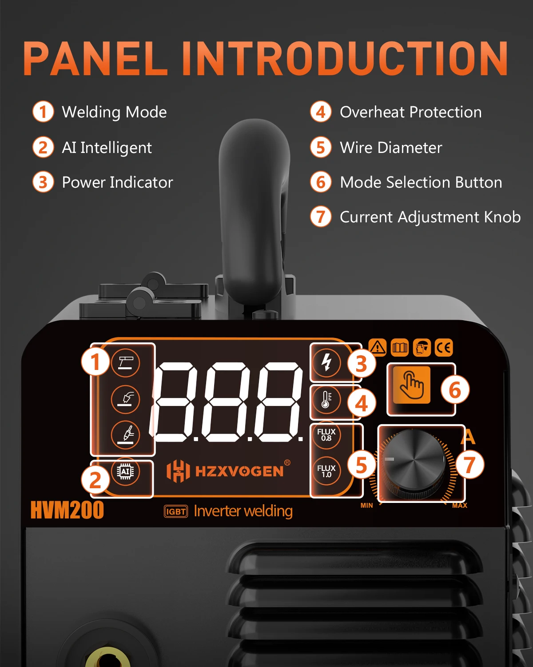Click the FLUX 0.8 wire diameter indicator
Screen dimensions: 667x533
pos(326,435)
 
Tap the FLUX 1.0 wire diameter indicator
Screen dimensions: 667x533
pos(326,471)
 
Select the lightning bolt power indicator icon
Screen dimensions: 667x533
pos(326,362)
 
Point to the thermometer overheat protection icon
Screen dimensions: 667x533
pos(326,399)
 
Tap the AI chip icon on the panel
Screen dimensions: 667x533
pos(125,471)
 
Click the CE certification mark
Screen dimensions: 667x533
pos(444,347)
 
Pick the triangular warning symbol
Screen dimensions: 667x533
pos(378,347)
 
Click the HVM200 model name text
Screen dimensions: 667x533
pos(67,510)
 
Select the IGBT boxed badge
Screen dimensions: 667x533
pos(176,511)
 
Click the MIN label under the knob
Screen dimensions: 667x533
pos(367,505)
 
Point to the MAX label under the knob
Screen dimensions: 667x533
pos(460,505)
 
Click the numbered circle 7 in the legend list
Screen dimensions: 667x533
pos(321,217)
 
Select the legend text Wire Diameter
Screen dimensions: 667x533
pos(391,148)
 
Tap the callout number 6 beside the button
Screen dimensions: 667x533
pos(455,390)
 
